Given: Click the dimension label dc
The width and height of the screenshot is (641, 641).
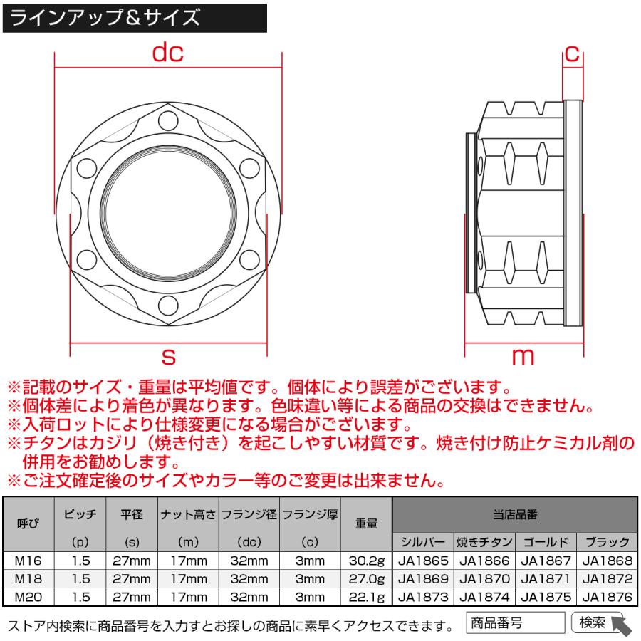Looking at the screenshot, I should tap(168, 52).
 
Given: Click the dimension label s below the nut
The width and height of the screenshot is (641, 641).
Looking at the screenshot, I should tap(169, 354).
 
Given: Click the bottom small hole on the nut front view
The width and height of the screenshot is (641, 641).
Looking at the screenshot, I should tap(168, 305).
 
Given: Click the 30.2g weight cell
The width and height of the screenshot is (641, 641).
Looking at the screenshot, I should tap(366, 561).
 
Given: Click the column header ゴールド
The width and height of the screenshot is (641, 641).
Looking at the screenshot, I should tap(545, 541).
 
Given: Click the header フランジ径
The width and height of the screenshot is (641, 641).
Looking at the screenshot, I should tap(249, 514).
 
